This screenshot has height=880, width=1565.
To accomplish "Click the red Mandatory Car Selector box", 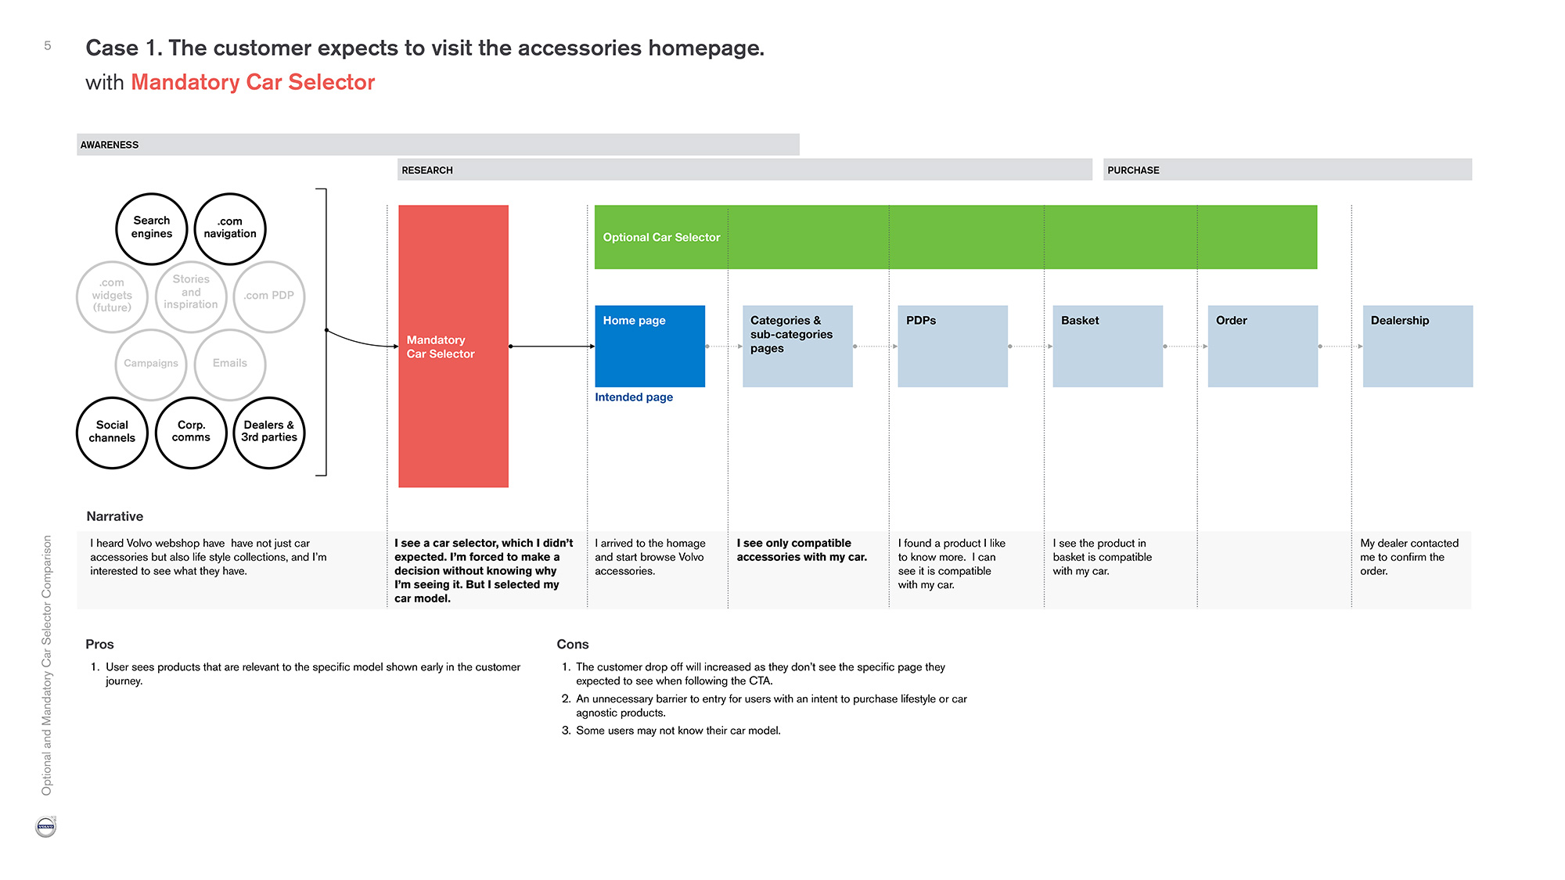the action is pos(453,347).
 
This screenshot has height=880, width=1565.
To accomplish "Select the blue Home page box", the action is pos(650,347).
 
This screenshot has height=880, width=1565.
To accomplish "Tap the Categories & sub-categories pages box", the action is pos(797,347).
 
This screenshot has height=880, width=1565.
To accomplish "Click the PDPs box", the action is pos(952,347).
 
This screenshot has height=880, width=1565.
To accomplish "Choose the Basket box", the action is pos(1108,347).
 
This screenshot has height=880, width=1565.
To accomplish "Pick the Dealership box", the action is pos(1418,347).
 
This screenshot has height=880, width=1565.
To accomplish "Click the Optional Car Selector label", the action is pos(661,238).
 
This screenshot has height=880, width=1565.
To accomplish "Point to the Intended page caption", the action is pos(634,397).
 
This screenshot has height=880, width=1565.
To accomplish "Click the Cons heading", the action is pos(573,645).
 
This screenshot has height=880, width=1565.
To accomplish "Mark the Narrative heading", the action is pos(115,516).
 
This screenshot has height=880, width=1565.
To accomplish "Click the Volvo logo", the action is pos(46,827).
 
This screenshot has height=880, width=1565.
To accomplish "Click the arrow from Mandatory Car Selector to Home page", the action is pos(552,346).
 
